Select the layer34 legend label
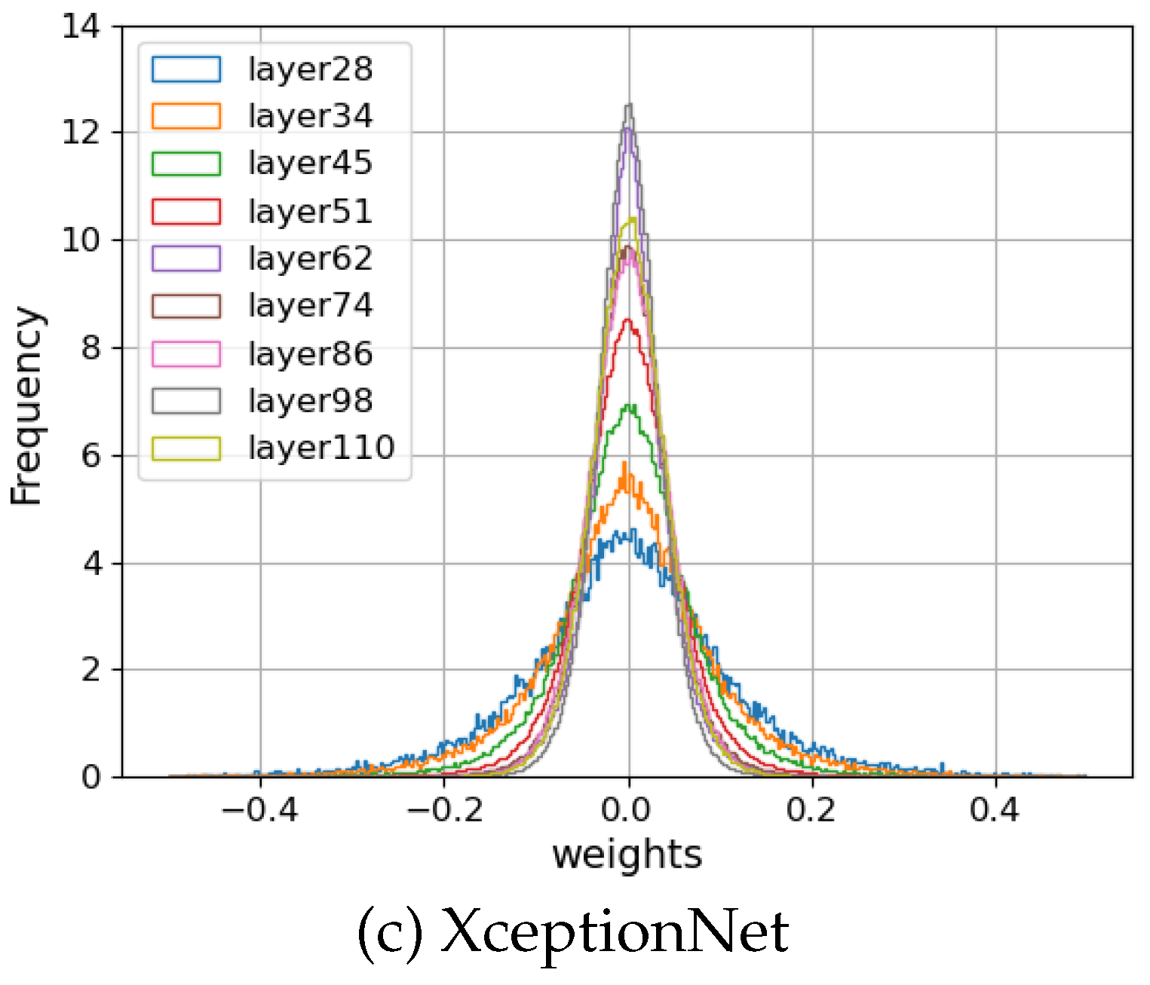tap(310, 116)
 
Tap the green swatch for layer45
tap(186, 164)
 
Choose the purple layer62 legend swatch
tap(186, 258)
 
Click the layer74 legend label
tap(310, 306)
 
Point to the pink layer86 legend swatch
tap(186, 353)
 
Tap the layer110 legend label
tap(321, 448)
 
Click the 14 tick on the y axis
tap(81, 27)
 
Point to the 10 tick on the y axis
tap(81, 240)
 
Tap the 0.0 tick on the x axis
tap(626, 810)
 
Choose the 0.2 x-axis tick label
tap(811, 810)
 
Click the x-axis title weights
tap(627, 855)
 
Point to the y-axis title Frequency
tap(26, 405)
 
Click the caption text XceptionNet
tap(614, 933)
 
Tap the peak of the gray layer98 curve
tap(628, 106)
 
